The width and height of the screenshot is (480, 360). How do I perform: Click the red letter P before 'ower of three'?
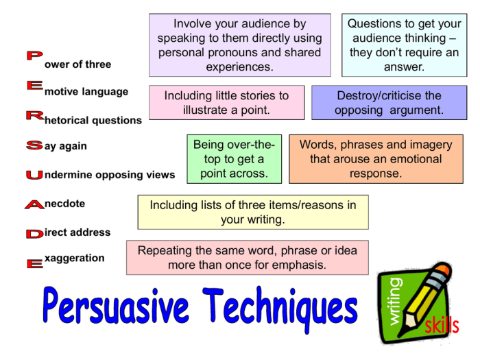(34, 56)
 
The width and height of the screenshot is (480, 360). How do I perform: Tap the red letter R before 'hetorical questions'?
(34, 115)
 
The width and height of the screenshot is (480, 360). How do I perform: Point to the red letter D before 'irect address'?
(34, 234)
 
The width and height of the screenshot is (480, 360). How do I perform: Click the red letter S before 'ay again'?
(34, 145)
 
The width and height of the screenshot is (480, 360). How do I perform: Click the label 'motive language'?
(86, 92)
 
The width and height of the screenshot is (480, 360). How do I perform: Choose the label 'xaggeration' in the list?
(74, 258)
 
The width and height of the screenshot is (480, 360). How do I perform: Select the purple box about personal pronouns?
(239, 45)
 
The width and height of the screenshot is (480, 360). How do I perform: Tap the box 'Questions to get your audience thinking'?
(404, 45)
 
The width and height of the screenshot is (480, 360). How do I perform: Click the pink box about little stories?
(226, 103)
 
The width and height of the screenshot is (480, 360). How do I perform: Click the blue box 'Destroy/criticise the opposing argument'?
(389, 103)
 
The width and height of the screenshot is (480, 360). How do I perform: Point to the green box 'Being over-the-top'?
(234, 159)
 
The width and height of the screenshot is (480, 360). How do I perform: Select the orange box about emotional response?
(375, 159)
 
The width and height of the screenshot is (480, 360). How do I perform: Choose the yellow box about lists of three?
(252, 213)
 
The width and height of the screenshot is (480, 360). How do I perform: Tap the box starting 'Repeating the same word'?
(247, 257)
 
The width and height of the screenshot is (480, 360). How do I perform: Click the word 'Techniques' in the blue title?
(281, 310)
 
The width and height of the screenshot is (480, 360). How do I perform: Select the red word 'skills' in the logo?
(441, 326)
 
